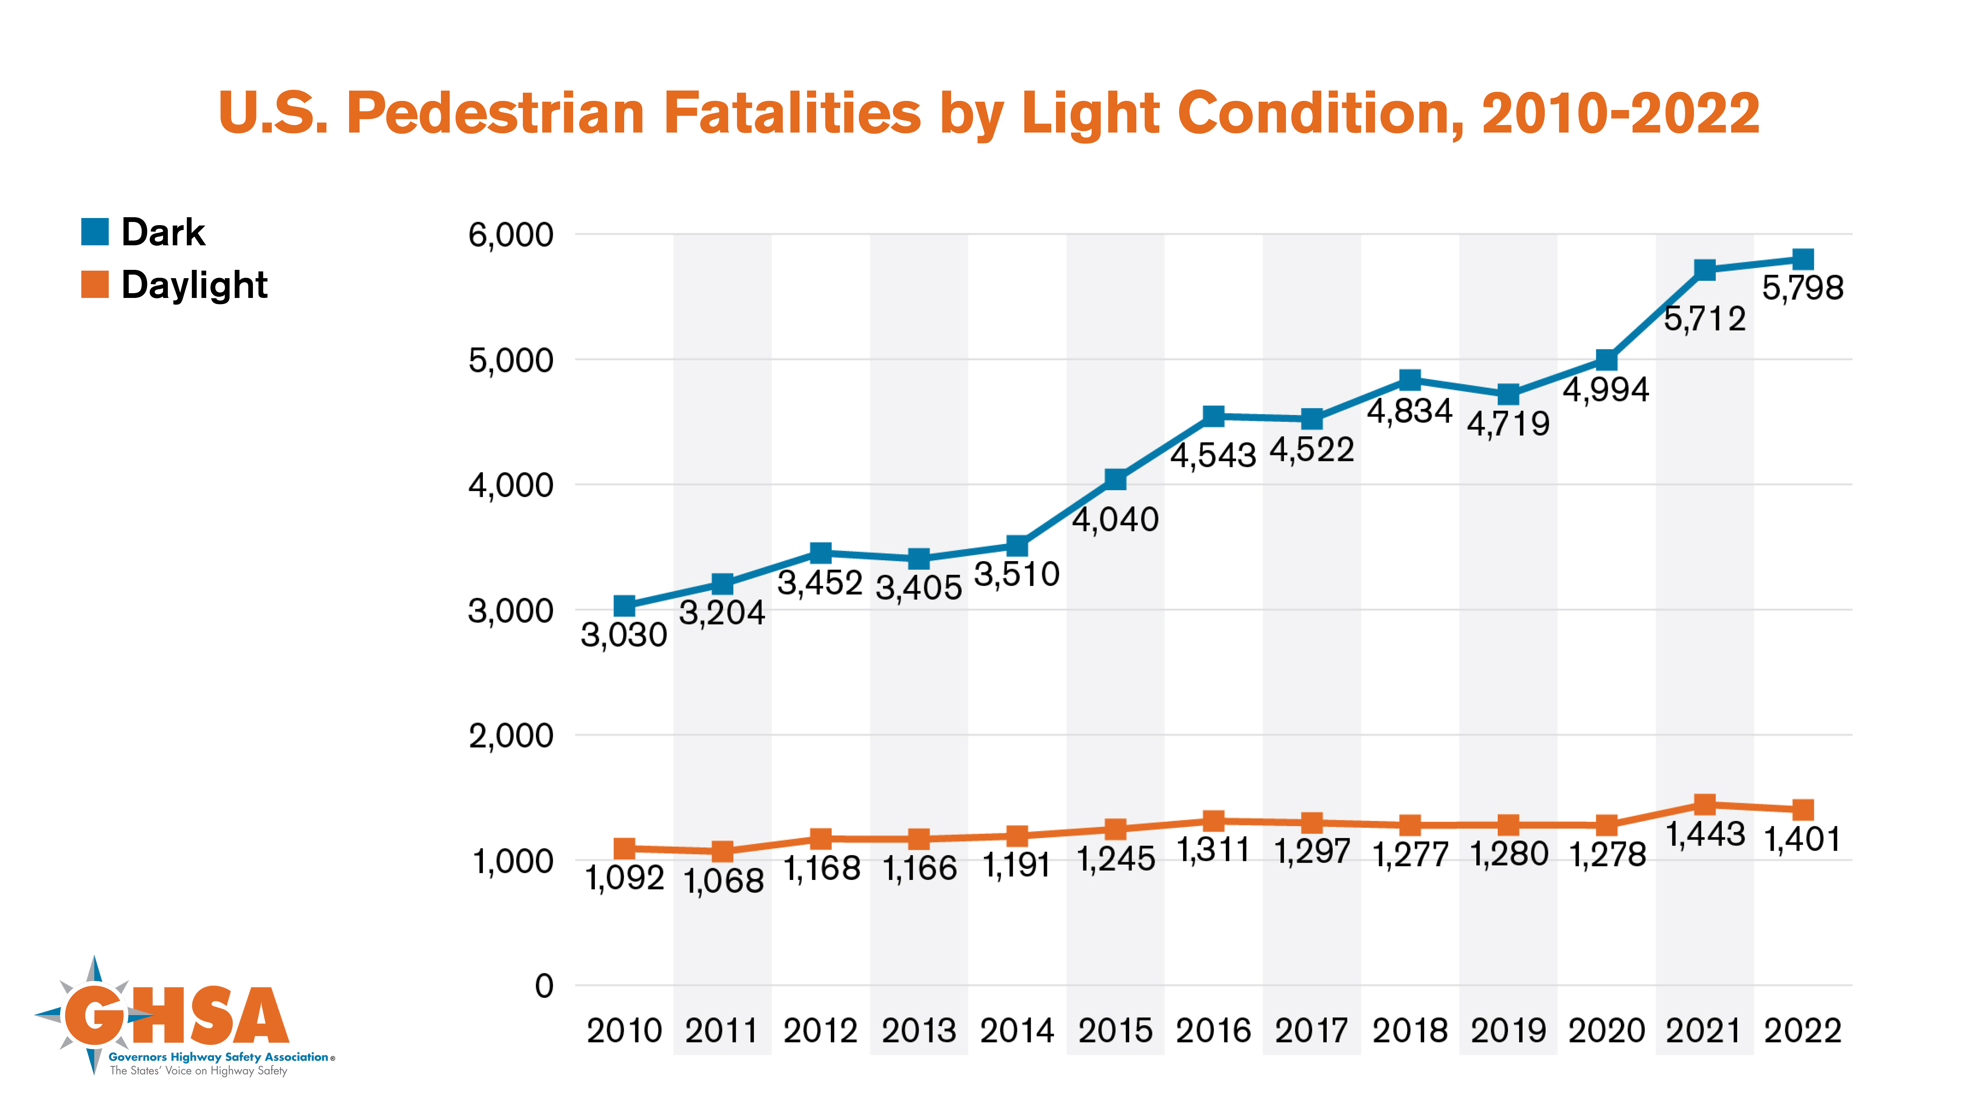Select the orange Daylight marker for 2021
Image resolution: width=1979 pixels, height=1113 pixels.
(1705, 804)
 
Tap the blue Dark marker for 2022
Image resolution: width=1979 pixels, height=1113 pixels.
(1803, 259)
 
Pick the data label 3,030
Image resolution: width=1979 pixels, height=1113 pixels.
(624, 635)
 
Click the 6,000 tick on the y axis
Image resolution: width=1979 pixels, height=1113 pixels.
(511, 235)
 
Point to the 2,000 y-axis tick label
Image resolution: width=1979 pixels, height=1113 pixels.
(511, 736)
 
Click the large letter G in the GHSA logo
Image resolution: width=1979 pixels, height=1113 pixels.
(94, 1015)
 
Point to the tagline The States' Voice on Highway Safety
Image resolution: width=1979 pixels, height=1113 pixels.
(198, 1071)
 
